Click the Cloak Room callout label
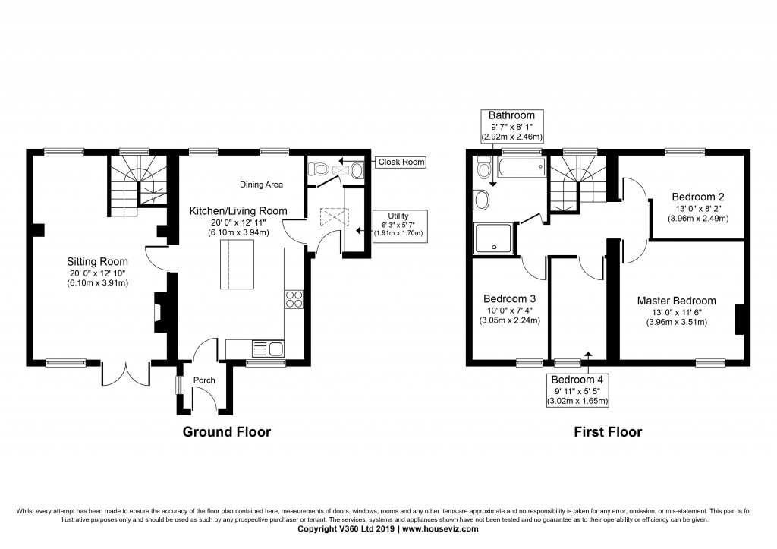[x=401, y=162]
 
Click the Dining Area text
[x=261, y=185]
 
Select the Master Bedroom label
[x=676, y=301]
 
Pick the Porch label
[x=204, y=380]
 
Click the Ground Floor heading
[x=226, y=432]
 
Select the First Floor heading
[x=608, y=432]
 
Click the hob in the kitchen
[x=294, y=300]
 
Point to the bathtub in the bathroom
[x=520, y=166]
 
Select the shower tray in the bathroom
[x=494, y=238]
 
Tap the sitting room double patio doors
[x=126, y=372]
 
